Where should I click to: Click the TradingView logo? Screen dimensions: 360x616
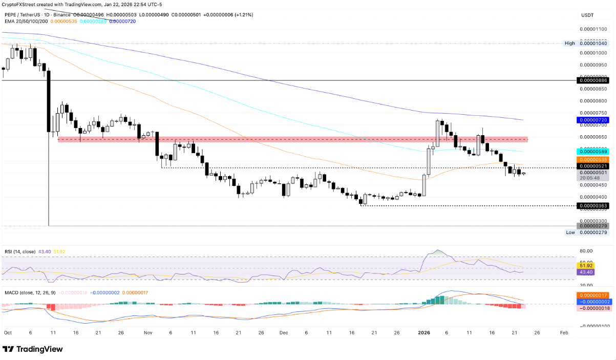33,349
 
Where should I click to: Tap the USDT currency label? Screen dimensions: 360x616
586,15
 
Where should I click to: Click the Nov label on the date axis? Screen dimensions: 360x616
148,332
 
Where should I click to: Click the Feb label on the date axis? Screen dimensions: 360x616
563,332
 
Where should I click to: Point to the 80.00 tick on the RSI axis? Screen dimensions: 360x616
586,251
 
